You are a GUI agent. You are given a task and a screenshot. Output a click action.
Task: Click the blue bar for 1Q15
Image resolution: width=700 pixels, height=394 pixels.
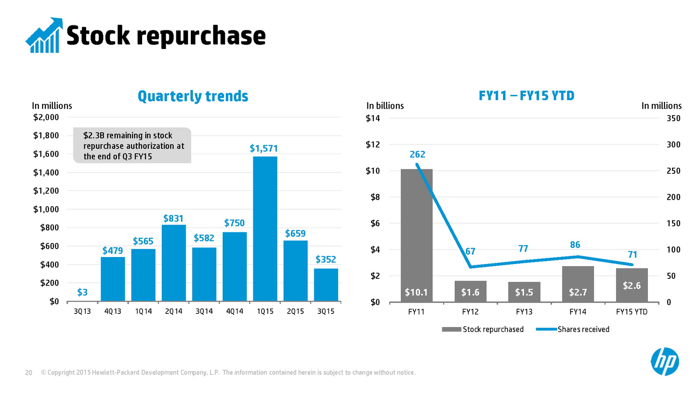[265, 229]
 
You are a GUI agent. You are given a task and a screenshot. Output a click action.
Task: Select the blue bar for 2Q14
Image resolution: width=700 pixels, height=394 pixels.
[174, 263]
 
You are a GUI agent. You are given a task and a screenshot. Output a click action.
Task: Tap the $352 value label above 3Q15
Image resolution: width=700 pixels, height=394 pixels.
[325, 260]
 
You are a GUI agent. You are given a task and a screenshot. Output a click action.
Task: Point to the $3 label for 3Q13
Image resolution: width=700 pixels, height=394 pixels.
[82, 292]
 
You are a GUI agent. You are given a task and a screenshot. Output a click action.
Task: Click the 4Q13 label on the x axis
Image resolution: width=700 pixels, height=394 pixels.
[112, 311]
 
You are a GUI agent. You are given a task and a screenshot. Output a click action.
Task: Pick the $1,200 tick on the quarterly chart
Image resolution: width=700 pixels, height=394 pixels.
[46, 191]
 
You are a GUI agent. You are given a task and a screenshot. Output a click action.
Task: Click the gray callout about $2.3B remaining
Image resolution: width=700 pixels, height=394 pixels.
[132, 146]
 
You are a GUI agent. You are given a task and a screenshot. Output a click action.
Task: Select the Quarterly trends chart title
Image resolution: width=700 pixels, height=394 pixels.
[193, 96]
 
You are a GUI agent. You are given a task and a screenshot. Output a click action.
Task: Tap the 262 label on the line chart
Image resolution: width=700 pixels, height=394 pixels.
[417, 155]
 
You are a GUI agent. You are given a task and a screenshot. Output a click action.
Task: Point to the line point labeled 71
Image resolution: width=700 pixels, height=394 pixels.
[632, 264]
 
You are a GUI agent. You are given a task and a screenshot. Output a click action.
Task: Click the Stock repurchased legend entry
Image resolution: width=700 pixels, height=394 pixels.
[483, 329]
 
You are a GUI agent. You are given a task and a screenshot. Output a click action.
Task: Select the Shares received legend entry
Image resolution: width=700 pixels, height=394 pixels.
[573, 329]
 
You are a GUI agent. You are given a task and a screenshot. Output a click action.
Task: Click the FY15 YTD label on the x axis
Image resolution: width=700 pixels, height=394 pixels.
[631, 312]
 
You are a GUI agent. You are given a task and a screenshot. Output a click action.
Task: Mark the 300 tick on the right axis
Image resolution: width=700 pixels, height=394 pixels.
[673, 144]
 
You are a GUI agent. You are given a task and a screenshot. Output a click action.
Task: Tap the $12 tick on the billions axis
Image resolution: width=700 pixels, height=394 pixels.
[373, 144]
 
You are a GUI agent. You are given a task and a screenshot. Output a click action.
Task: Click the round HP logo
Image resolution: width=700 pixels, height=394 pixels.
[665, 362]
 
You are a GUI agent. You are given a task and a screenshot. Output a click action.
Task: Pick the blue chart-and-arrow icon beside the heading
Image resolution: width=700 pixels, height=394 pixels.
[44, 35]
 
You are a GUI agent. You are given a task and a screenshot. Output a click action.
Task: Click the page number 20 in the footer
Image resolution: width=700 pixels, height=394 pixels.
[29, 373]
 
